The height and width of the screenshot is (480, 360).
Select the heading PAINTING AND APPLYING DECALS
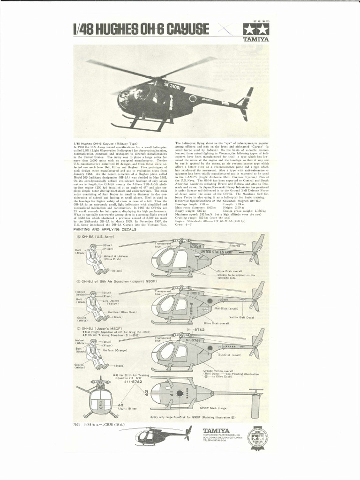pos(105,230)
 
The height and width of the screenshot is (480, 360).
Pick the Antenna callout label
pos(235,245)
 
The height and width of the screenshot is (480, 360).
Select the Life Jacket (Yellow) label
pos(112,303)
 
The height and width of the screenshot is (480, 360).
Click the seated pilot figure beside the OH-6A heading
pos(96,259)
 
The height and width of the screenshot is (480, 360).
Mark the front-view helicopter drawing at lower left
pos(100,398)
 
